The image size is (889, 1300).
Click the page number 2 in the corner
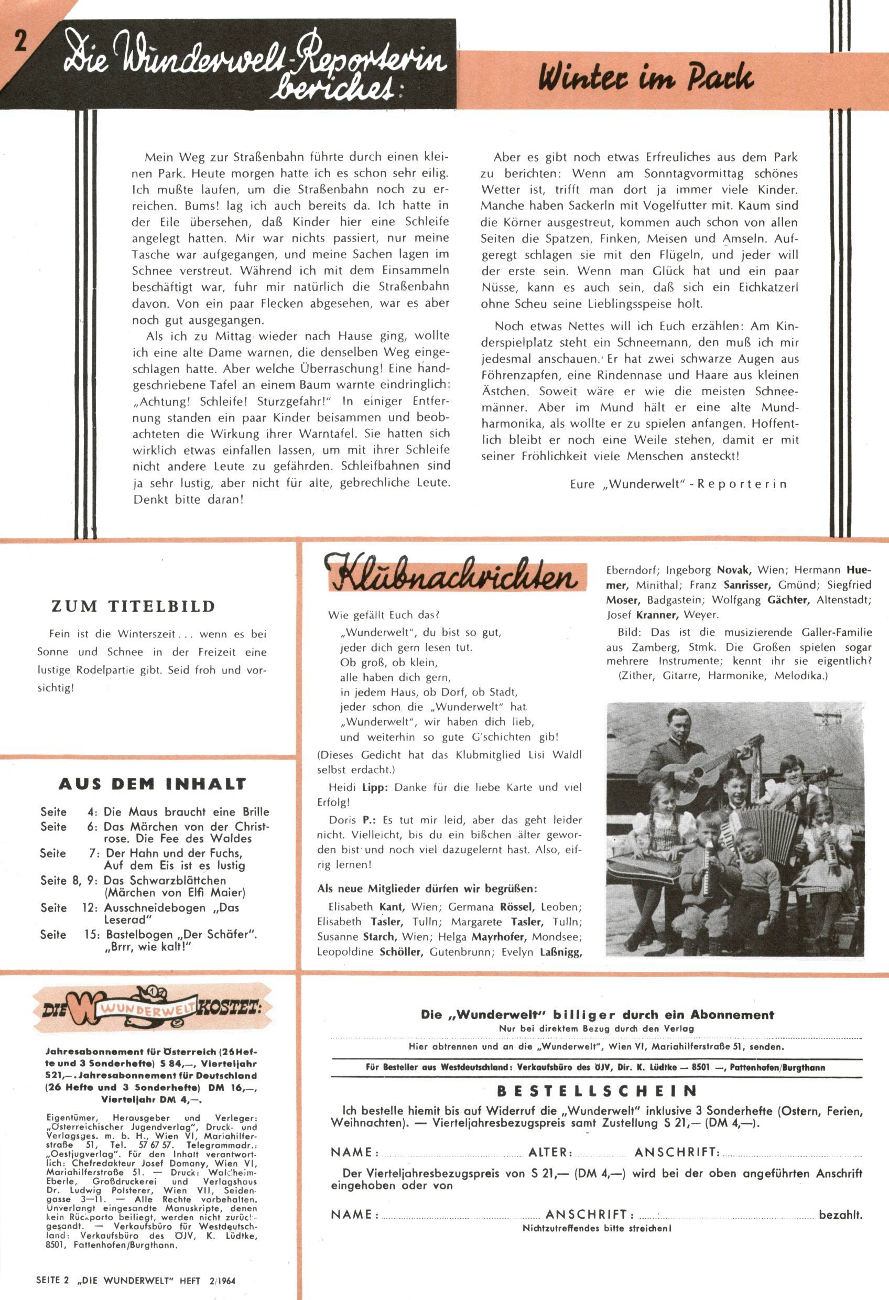point(20,41)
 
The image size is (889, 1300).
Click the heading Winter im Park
point(646,78)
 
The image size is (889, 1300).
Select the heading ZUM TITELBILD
point(133,606)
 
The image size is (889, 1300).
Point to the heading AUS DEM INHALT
point(152,784)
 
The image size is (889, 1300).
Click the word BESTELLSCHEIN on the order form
point(597,1091)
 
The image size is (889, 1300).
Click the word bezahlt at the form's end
point(840,1216)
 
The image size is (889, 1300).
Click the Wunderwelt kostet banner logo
point(151,1009)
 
